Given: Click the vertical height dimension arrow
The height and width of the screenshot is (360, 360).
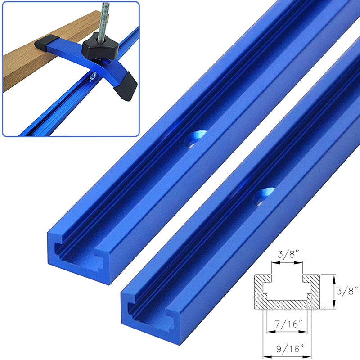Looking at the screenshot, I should (333, 292).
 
